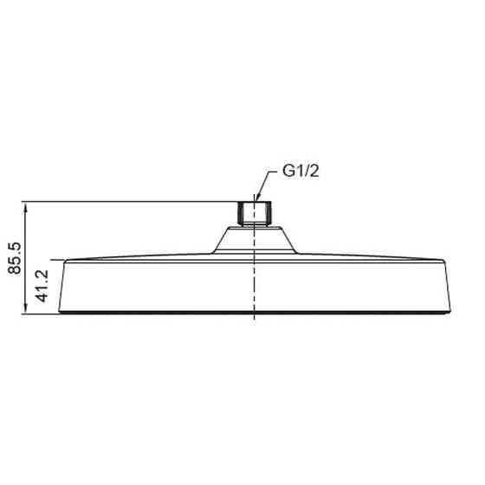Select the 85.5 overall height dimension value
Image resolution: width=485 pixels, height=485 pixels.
[15, 257]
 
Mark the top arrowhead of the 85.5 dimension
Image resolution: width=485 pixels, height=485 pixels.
[27, 207]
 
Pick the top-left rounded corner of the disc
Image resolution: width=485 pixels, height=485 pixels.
[57, 260]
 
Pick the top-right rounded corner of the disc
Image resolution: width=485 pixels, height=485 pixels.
[449, 260]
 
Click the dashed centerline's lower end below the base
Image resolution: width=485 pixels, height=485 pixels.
[253, 320]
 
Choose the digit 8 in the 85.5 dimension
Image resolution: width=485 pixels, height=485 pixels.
[15, 270]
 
